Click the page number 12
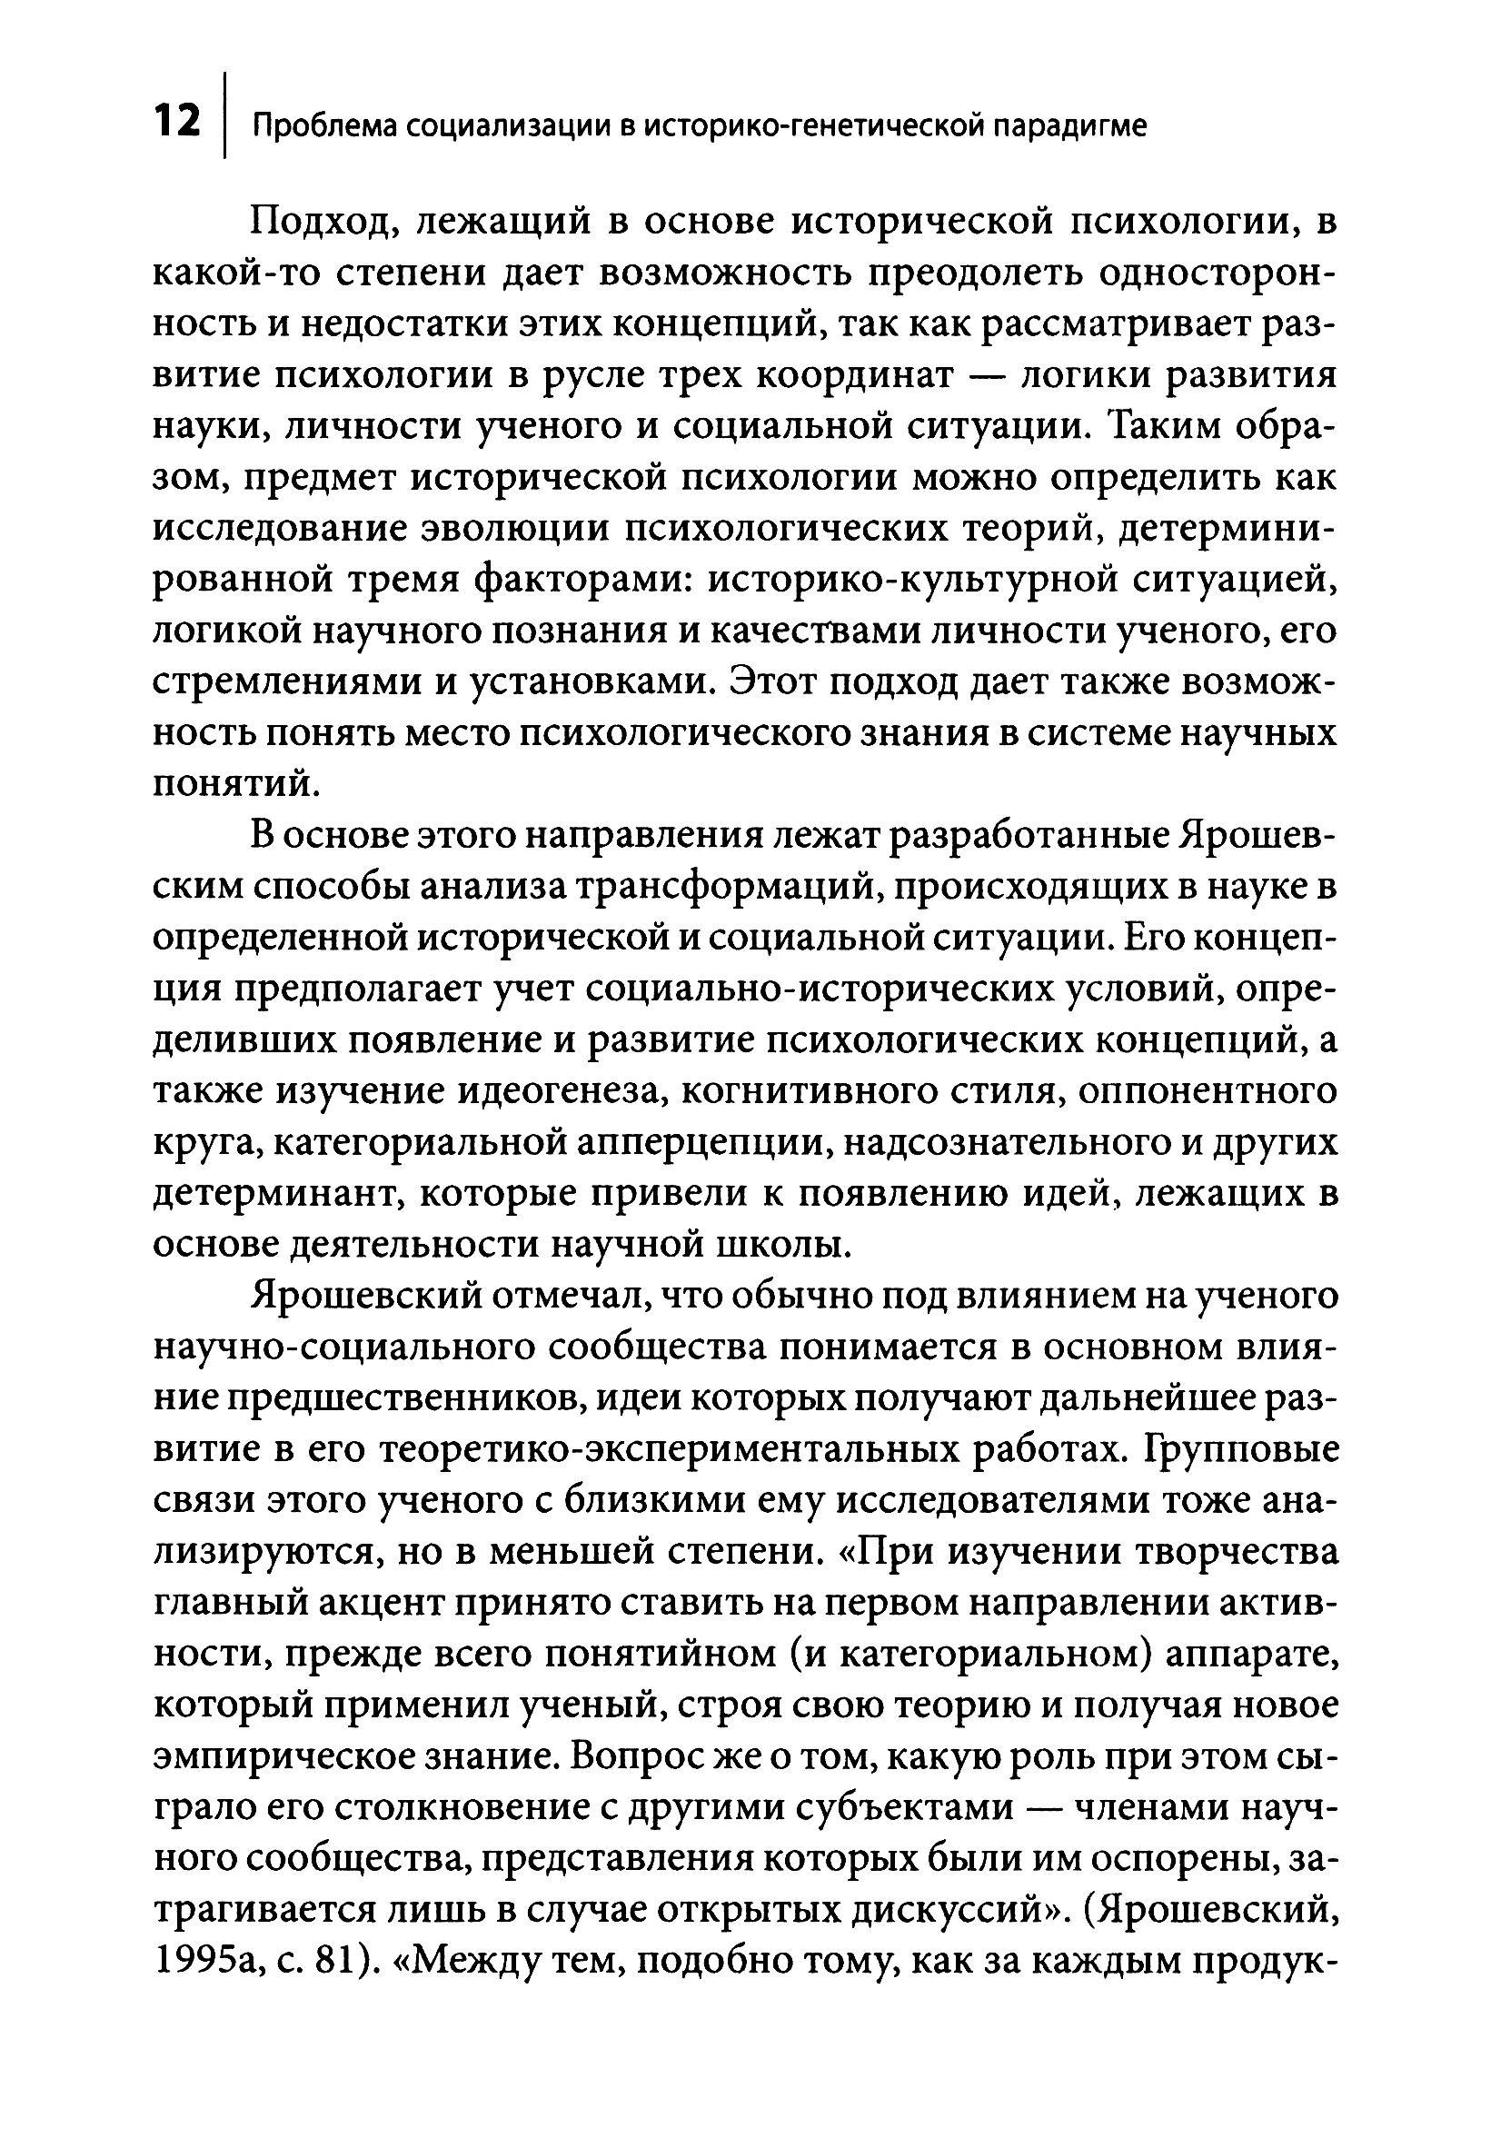point(176,122)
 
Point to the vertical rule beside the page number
point(225,115)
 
